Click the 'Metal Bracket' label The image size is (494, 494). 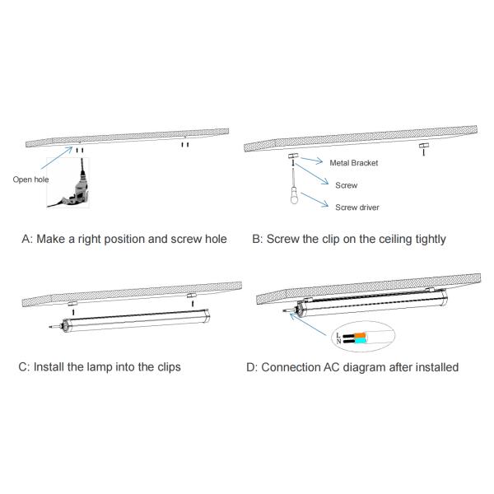(x=353, y=163)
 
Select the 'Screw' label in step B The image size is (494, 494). (x=346, y=185)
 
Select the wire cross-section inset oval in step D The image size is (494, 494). (x=361, y=338)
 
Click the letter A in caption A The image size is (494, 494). (x=26, y=240)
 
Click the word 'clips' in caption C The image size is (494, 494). (x=165, y=366)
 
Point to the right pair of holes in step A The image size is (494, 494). (x=186, y=144)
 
